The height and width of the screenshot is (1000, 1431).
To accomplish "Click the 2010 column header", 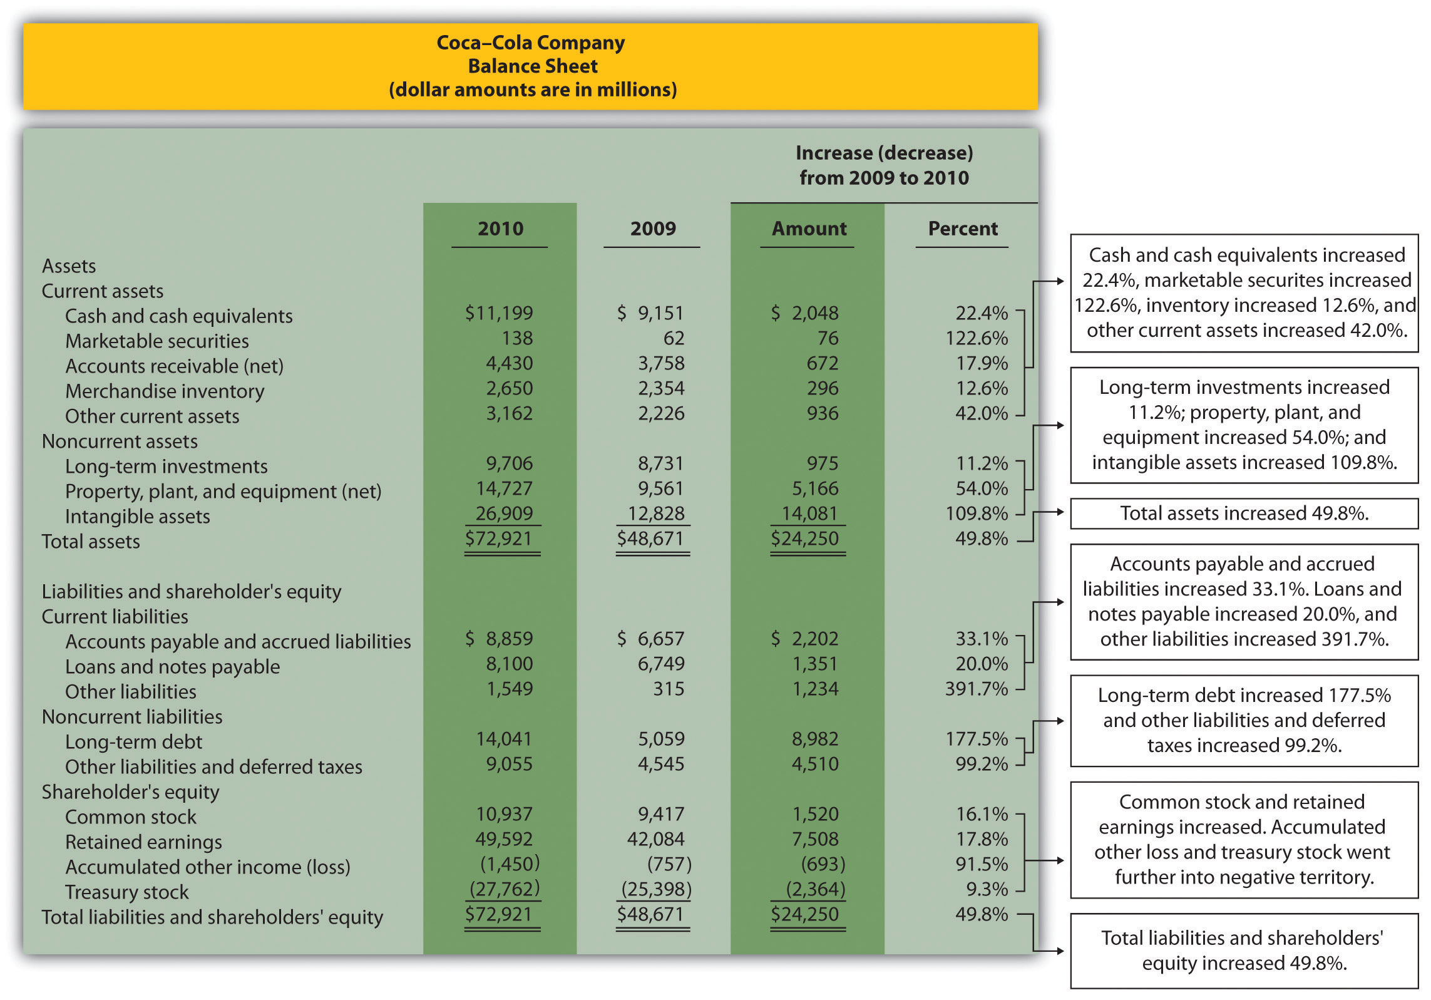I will coord(500,229).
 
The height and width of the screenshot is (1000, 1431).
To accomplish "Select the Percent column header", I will coord(962,229).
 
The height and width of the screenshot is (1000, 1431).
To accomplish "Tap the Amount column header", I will coord(809,229).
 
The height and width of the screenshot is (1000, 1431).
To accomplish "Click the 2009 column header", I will coord(653,229).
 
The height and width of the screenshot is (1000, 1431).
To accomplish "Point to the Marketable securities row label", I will coord(156,341).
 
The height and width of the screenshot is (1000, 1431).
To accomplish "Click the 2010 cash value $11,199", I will coord(499,312).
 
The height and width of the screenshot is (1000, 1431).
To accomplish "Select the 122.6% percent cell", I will coord(977,338).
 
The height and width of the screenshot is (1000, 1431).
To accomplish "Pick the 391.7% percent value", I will coord(977,689).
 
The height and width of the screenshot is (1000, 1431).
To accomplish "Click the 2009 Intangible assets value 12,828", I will coord(655,513).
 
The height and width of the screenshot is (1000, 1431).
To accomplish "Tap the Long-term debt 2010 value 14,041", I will coord(504,739).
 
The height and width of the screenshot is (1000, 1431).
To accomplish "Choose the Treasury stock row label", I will coord(126,892).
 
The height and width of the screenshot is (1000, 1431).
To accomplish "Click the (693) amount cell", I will coord(823,864).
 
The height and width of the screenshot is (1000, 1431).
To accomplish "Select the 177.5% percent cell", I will coord(977,739).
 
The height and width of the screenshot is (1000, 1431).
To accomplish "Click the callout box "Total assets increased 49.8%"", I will coord(1244,513).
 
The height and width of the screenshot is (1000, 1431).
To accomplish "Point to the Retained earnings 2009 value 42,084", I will coord(655,839).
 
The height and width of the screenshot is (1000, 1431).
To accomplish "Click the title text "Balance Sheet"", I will coord(533,66).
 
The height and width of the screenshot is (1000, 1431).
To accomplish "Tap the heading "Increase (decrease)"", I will coord(884,153).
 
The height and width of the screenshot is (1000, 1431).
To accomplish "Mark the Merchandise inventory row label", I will coord(165,391).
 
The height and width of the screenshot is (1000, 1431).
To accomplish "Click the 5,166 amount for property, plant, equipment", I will coord(814,488).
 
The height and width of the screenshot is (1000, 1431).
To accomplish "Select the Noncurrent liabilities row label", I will coord(132,716).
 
